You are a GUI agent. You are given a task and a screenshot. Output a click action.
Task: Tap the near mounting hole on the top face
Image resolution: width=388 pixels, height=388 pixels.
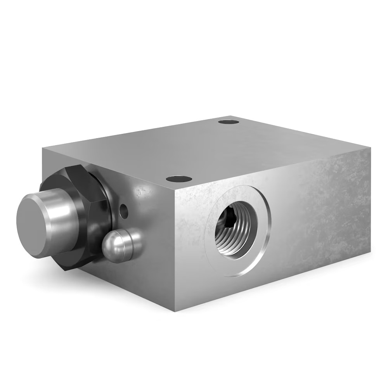click(x=179, y=179)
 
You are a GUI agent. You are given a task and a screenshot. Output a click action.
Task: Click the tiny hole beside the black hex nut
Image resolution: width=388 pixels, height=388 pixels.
click(x=124, y=211)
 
